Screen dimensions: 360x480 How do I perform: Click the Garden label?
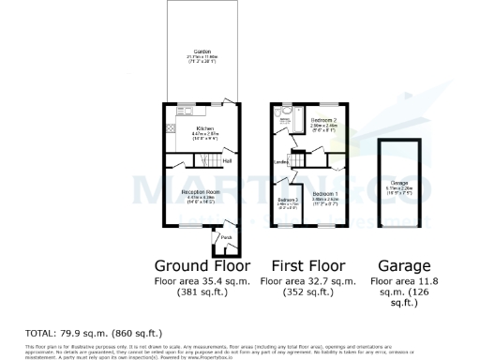[x=202, y=51]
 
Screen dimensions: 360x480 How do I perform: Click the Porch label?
[x=225, y=237]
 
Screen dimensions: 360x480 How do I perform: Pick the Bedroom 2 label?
[x=324, y=122]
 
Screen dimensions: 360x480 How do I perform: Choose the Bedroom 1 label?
[x=324, y=193]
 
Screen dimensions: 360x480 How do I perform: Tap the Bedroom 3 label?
[x=288, y=201]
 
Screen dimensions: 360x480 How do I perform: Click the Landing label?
[x=280, y=161]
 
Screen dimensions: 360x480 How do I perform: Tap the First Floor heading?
[x=307, y=264]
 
